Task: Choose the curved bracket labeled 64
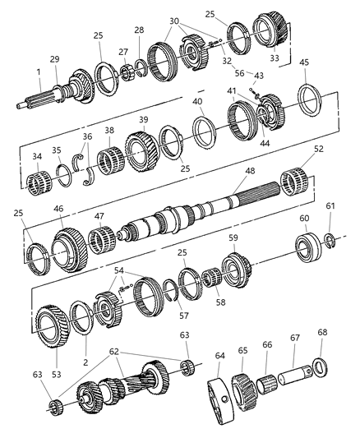(216, 402)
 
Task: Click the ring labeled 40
(203, 129)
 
